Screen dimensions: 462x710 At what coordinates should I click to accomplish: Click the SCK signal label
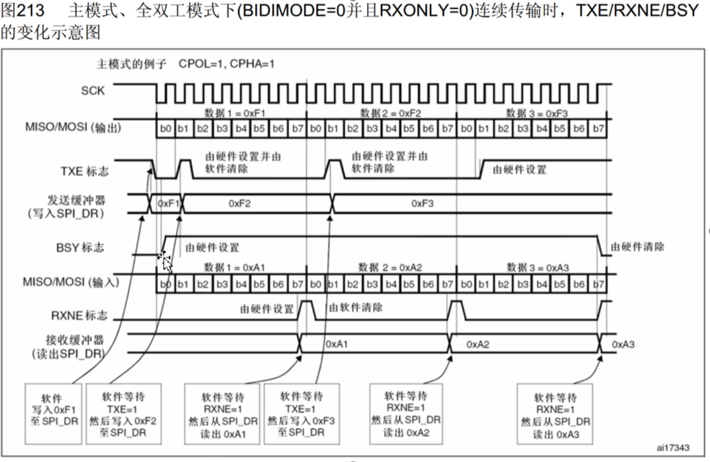pos(92,91)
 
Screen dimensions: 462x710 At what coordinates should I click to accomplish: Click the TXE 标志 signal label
pos(84,171)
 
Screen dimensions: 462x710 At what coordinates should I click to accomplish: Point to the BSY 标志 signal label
pos(80,248)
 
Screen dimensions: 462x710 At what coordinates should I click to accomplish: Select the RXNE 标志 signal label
pos(79,316)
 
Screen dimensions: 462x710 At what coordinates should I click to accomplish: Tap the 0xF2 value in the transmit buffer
pos(239,203)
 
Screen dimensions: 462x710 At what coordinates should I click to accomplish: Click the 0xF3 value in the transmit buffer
pos(422,203)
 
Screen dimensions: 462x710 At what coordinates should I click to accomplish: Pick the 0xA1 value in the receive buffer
pos(337,344)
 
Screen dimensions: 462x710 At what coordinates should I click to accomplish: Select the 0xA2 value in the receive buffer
pos(477,345)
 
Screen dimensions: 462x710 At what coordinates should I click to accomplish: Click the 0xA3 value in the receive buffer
pos(623,345)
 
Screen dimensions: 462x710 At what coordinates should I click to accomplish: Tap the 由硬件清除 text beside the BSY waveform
pos(638,247)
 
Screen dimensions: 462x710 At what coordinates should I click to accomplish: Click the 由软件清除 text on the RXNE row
pos(356,307)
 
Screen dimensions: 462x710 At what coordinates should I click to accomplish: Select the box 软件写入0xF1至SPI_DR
pos(54,414)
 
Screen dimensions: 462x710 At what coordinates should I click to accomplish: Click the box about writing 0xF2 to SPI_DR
pos(123,414)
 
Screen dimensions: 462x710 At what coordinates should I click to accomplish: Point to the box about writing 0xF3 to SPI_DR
pos(301,414)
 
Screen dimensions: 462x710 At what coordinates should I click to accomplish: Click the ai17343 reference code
pos(673,448)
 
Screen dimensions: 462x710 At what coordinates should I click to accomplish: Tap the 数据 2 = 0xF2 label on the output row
pos(390,113)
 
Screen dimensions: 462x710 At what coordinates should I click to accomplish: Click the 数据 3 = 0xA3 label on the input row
pos(538,267)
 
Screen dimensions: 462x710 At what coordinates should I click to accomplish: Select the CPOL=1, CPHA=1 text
pos(226,64)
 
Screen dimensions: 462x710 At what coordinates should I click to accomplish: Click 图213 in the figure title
pos(22,10)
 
